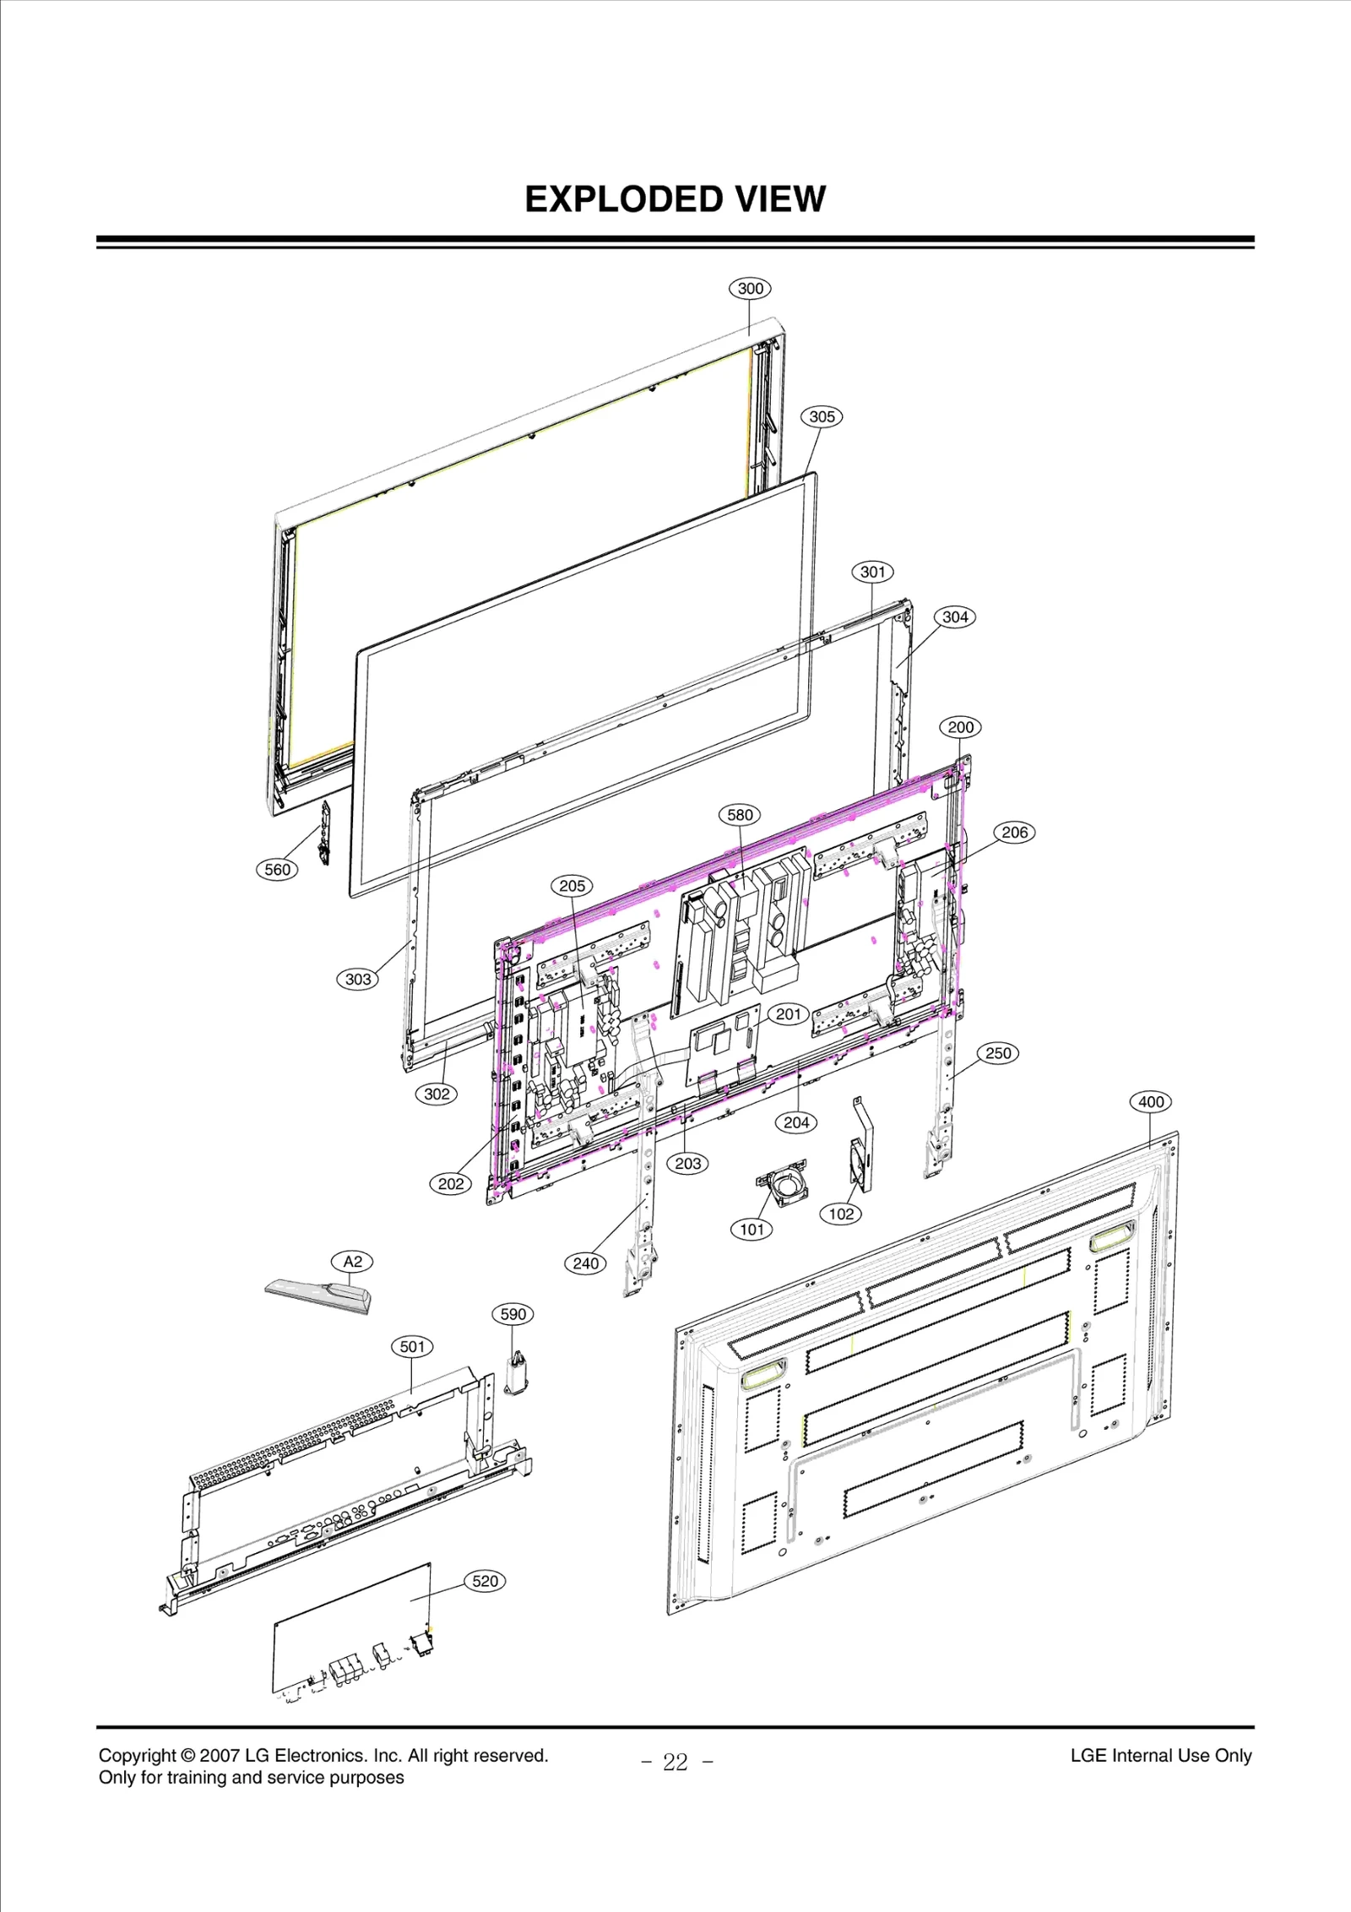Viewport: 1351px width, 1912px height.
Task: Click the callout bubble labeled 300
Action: click(x=750, y=288)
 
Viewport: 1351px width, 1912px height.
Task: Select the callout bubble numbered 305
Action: click(x=822, y=416)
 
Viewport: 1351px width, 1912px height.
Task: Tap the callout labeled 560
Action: click(x=277, y=869)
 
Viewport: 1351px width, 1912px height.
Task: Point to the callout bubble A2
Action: click(x=352, y=1261)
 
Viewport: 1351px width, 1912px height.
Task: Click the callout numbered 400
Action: click(x=1151, y=1101)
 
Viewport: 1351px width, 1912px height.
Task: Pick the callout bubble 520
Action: click(x=485, y=1580)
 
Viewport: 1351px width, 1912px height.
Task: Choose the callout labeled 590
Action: click(x=513, y=1313)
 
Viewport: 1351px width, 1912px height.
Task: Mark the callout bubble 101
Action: click(x=751, y=1229)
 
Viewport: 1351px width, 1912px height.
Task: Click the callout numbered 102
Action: click(x=840, y=1214)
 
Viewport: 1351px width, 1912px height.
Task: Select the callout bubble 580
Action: click(x=740, y=814)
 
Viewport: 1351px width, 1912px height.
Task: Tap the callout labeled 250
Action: click(x=998, y=1053)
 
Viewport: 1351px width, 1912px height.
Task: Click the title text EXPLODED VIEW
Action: click(x=675, y=199)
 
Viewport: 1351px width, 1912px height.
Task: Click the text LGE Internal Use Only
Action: click(x=1160, y=1755)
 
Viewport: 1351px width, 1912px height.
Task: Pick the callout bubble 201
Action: click(x=788, y=1013)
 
